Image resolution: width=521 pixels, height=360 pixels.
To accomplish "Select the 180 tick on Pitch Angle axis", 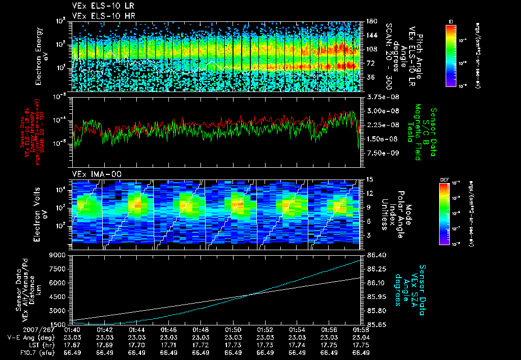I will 370,21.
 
